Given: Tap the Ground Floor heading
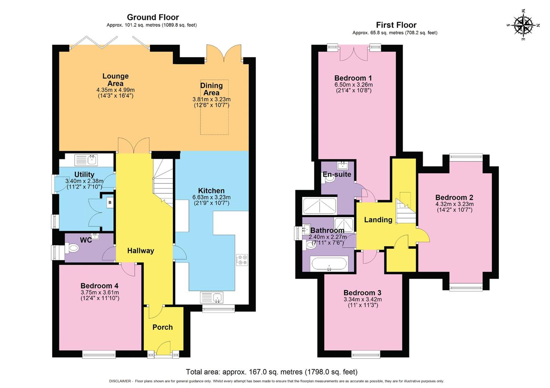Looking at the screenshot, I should [x=153, y=17].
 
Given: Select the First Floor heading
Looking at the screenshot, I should [x=396, y=25].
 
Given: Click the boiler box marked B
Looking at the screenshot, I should [x=110, y=203].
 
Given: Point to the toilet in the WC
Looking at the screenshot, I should [x=73, y=248].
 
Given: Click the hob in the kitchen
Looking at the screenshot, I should [x=242, y=260].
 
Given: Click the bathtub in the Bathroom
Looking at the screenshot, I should [x=329, y=264].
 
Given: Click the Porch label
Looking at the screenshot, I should [x=163, y=327].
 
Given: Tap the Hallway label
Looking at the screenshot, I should [x=141, y=251].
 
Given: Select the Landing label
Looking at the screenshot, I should [x=378, y=220].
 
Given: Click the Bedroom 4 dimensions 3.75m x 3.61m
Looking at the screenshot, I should [x=100, y=292].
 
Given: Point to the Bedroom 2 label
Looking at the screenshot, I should [x=454, y=197].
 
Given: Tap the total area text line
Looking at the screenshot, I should [x=272, y=372].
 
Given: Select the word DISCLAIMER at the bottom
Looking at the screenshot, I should [x=120, y=381].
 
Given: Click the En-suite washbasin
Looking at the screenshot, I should [x=343, y=165].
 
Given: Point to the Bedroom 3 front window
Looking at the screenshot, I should [x=366, y=354].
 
